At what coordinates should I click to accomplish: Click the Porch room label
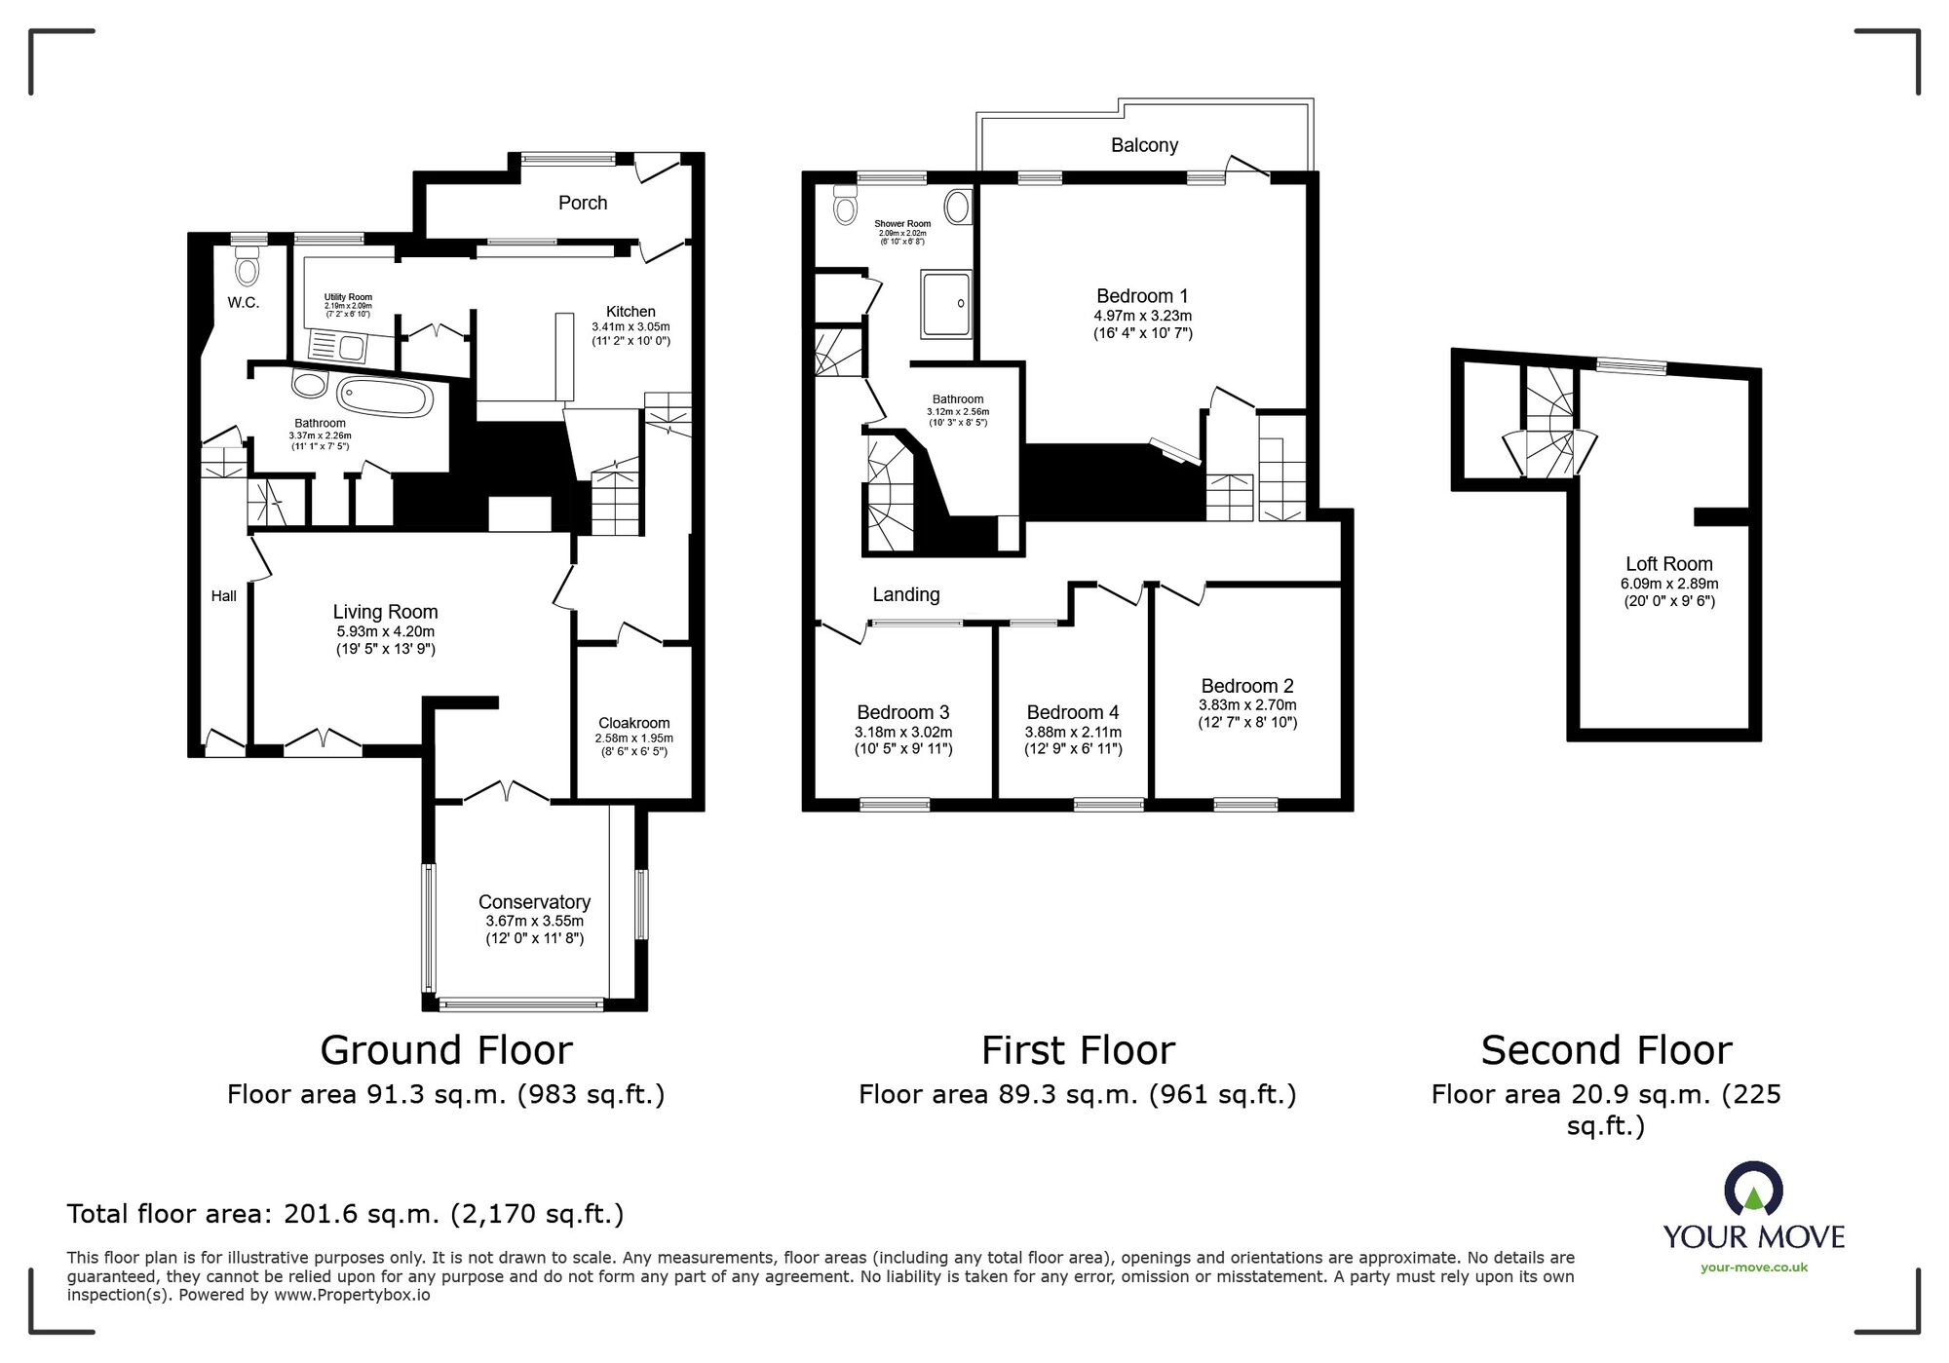(x=583, y=203)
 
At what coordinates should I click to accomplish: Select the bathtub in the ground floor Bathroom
(x=384, y=398)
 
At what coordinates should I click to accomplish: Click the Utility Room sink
(x=337, y=346)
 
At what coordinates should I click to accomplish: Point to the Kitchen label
(x=631, y=312)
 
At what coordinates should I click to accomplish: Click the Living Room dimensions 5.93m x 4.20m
(x=385, y=631)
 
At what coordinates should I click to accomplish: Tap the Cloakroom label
(x=633, y=723)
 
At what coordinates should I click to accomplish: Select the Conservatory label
(x=534, y=902)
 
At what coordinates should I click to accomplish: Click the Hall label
(x=223, y=596)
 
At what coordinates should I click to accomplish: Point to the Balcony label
(x=1144, y=145)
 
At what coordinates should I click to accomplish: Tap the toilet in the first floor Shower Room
(x=844, y=207)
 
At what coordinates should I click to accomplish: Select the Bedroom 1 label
(x=1142, y=296)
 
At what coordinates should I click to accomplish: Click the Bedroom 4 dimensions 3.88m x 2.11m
(x=1072, y=732)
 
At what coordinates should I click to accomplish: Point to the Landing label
(x=905, y=594)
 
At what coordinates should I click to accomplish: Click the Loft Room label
(x=1668, y=564)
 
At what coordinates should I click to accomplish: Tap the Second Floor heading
(x=1606, y=1050)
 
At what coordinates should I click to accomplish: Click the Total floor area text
(x=345, y=1214)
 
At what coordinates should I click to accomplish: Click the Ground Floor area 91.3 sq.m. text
(x=445, y=1095)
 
